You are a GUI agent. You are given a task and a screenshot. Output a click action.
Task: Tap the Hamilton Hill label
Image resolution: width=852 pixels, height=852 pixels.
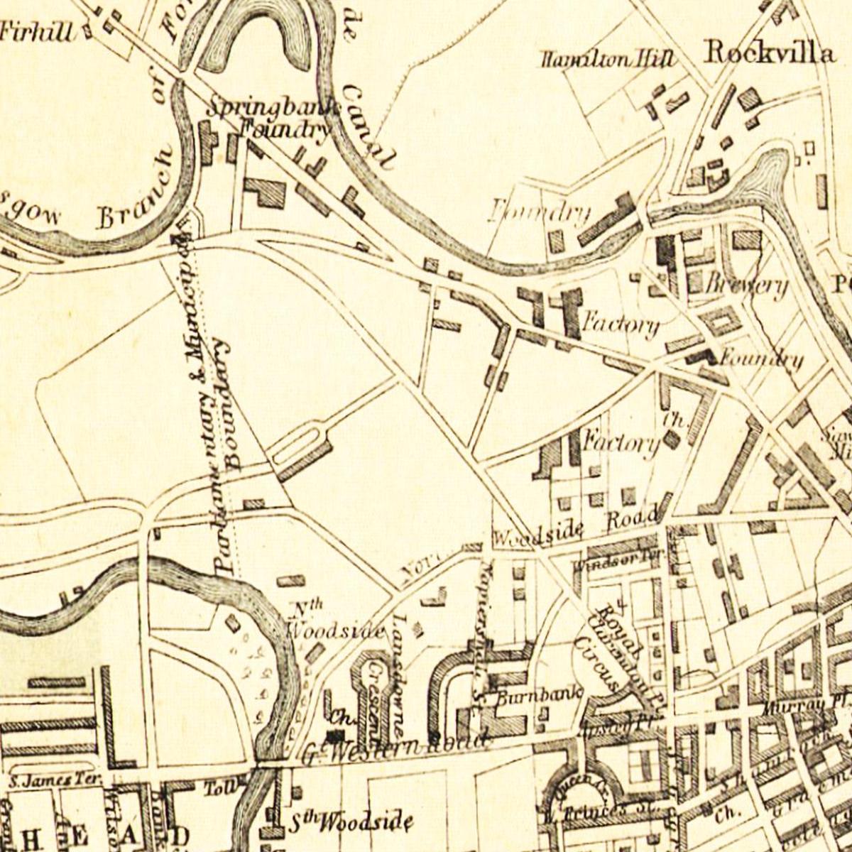pyautogui.click(x=606, y=60)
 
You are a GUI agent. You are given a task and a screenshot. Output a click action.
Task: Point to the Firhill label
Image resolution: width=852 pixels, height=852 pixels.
pyautogui.click(x=35, y=32)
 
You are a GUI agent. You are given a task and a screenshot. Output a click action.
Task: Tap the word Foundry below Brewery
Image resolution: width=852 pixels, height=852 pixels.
pyautogui.click(x=761, y=359)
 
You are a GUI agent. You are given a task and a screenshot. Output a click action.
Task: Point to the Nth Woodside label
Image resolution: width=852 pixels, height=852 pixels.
pyautogui.click(x=334, y=621)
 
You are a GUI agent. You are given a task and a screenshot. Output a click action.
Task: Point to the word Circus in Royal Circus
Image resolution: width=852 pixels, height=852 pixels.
pyautogui.click(x=599, y=664)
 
